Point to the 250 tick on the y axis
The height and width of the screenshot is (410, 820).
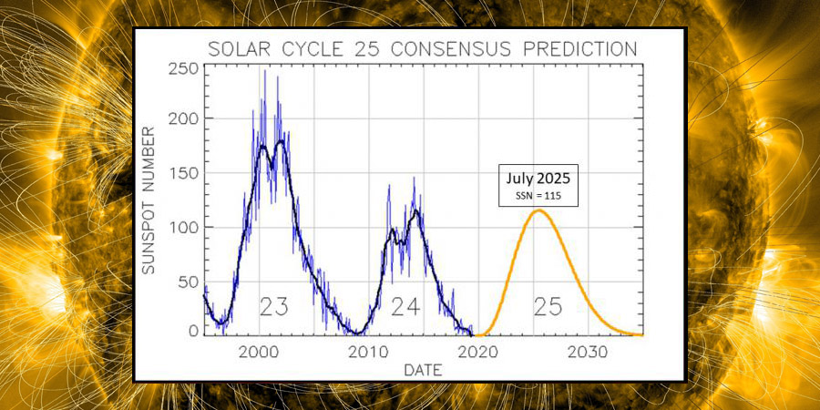181,69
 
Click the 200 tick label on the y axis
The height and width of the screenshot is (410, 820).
181,119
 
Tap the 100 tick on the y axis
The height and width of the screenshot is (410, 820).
181,227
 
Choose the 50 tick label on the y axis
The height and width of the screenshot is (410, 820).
186,281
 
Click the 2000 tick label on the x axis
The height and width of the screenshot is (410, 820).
260,352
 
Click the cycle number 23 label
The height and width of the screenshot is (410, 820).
274,307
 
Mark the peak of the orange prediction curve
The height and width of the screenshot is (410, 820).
538,210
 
